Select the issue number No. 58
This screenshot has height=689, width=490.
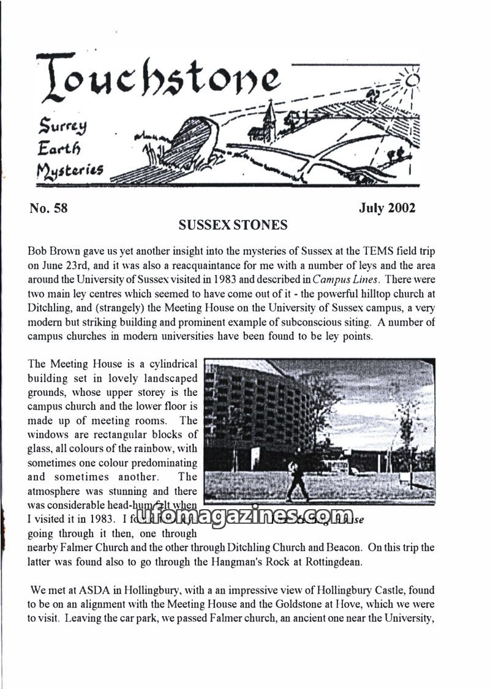pyautogui.click(x=48, y=208)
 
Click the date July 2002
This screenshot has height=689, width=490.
pyautogui.click(x=387, y=208)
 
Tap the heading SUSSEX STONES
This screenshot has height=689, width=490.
pyautogui.click(x=233, y=225)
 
